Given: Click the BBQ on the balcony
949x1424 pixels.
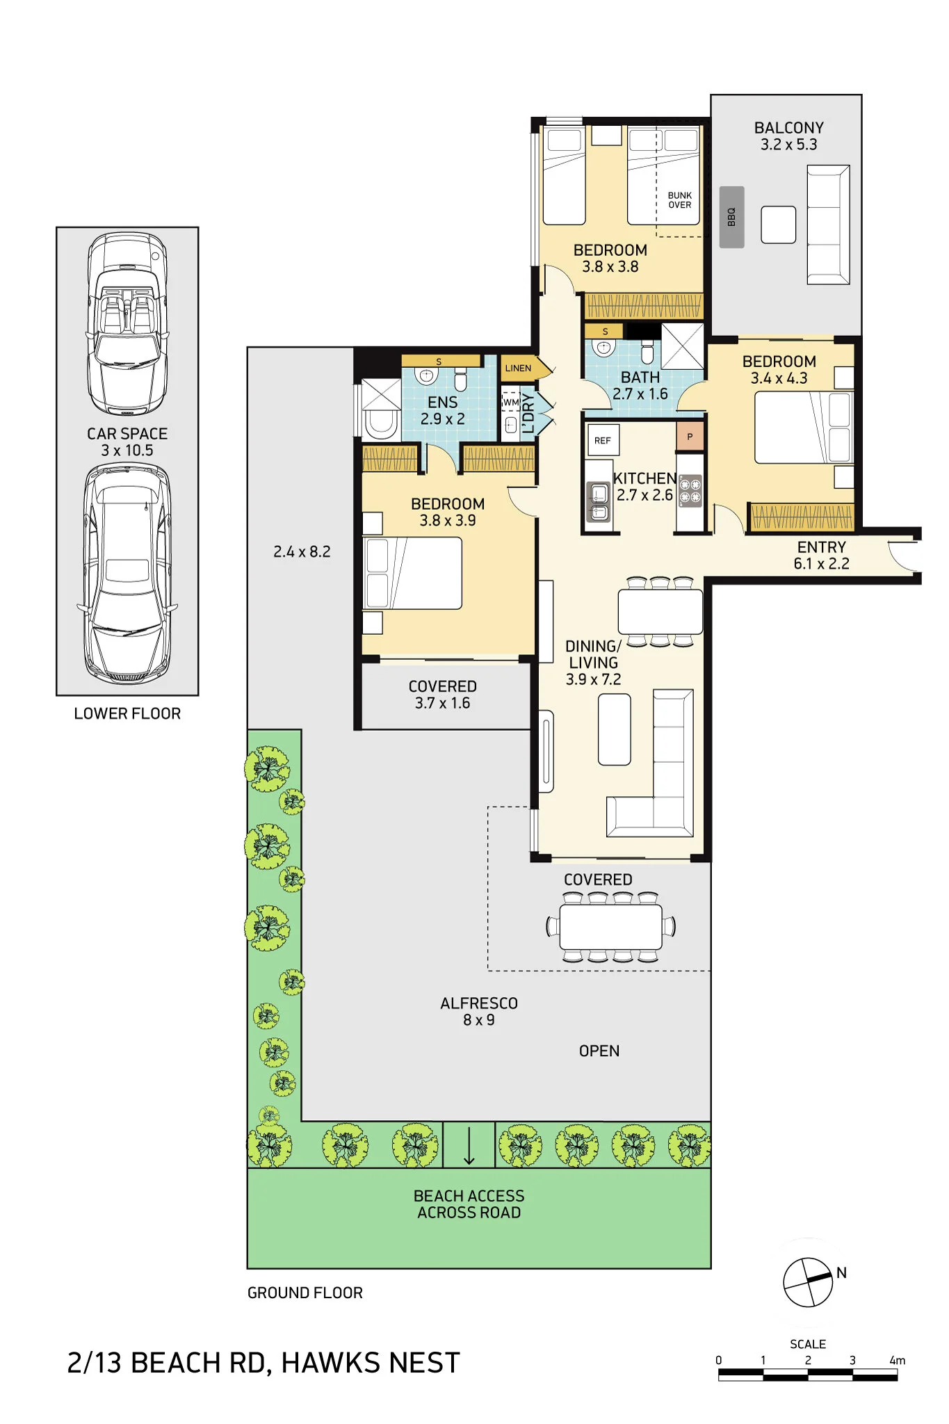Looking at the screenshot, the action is coord(731,217).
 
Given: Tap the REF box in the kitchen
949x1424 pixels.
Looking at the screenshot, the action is coord(602,440).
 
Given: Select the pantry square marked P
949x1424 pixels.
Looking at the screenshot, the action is coord(690,437).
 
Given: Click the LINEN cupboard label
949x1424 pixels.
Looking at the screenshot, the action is coord(518,368).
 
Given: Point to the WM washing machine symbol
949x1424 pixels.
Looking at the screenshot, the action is coord(511,403).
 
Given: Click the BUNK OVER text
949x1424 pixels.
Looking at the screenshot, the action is coord(680,200).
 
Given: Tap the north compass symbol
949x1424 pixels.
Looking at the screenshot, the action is coord(808,1282).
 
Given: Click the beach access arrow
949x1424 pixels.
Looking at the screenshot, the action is coord(469,1145).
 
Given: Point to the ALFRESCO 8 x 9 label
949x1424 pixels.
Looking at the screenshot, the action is coord(479,1012).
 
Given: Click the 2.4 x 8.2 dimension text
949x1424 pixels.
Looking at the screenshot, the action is coord(302,552).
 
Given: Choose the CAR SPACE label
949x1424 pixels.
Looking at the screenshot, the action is coord(127,434).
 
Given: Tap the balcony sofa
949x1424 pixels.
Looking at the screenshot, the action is coord(828,225).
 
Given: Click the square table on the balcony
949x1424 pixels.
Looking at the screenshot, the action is coord(778,225).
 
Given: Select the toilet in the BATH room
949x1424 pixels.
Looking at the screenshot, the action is coord(647,352).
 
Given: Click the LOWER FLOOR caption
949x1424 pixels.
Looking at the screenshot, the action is coord(127,714).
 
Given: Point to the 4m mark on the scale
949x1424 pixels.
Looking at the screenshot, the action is coord(897,1361).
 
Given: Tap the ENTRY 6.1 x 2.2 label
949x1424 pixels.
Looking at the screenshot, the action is coord(821,556).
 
